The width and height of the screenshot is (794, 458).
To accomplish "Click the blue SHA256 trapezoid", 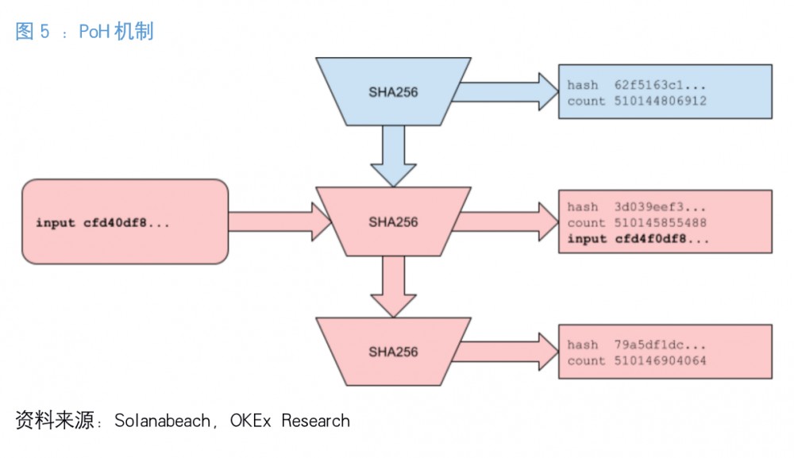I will click(393, 91).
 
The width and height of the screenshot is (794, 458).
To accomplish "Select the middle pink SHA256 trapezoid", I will click(393, 221).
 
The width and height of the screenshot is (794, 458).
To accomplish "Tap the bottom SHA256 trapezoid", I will click(393, 351).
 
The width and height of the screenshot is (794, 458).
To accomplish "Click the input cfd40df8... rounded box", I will click(125, 222).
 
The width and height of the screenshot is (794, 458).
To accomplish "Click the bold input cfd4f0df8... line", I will click(638, 239).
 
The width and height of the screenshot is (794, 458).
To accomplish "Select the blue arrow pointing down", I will click(393, 156).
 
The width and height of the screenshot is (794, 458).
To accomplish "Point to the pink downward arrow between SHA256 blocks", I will click(393, 286).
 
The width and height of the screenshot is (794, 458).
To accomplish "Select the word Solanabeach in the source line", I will click(161, 421).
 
